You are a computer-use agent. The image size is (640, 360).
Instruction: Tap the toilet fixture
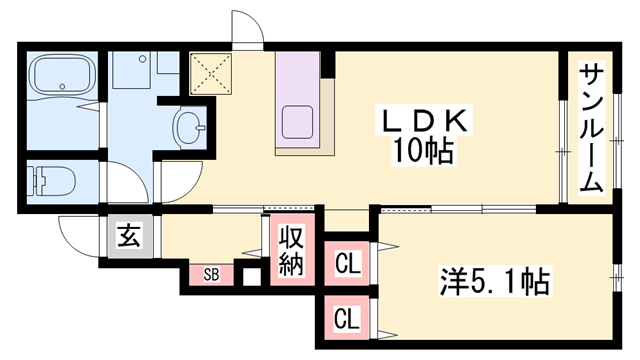tap(52, 181)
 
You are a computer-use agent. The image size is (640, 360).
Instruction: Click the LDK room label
tap(425, 121)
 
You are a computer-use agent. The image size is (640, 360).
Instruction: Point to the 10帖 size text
tap(423, 151)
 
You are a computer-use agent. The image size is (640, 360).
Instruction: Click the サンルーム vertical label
tap(591, 128)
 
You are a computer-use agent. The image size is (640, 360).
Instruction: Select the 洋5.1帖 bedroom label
tap(494, 281)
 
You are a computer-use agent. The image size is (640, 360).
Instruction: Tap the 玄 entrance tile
tap(130, 236)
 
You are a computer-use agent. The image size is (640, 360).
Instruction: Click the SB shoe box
tap(211, 275)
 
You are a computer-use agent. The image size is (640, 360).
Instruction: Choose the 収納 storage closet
tap(292, 250)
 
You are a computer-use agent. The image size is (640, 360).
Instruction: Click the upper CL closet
tap(347, 263)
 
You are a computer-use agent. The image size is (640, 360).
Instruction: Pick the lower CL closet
tap(347, 318)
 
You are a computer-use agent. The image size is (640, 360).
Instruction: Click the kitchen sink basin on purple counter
tap(298, 121)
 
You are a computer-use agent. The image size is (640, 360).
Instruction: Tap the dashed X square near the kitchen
tap(211, 74)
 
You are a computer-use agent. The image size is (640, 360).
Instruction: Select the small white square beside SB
tap(251, 278)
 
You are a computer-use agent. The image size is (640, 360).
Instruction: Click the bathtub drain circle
tap(62, 87)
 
